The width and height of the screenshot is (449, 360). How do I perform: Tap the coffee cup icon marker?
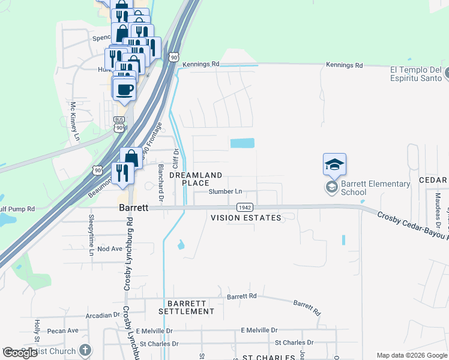click(x=125, y=90)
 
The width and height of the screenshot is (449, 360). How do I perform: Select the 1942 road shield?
click(x=244, y=207)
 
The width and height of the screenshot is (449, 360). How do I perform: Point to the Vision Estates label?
click(x=246, y=218)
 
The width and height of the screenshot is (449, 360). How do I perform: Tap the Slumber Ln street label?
click(x=225, y=192)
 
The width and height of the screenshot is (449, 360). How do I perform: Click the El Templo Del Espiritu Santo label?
click(x=416, y=74)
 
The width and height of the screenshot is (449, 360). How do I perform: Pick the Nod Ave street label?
click(x=109, y=248)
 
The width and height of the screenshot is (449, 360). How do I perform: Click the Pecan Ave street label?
click(x=64, y=331)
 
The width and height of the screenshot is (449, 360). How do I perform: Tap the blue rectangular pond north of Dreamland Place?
click(x=243, y=143)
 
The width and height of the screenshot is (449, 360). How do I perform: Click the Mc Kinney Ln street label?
click(x=75, y=122)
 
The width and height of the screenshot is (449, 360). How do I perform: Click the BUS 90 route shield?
click(x=119, y=124)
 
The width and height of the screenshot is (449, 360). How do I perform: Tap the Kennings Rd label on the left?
click(x=202, y=64)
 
